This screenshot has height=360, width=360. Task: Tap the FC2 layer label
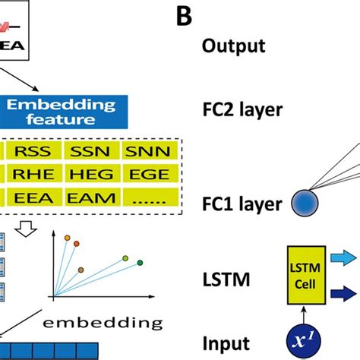[242, 109]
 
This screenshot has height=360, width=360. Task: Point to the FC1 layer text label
[242, 204]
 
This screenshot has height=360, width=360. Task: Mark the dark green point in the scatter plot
[140, 264]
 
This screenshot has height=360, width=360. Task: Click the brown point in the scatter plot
[81, 269]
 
